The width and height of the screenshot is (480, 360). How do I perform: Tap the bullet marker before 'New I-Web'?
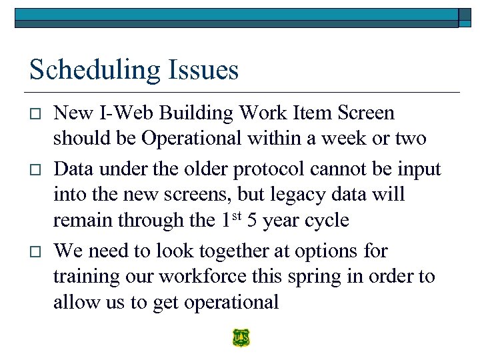point(35,114)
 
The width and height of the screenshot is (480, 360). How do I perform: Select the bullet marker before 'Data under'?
point(35,170)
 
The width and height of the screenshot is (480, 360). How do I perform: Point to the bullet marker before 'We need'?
point(35,251)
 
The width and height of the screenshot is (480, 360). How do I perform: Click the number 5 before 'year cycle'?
point(254,220)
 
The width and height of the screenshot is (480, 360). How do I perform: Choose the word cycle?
point(326,220)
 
